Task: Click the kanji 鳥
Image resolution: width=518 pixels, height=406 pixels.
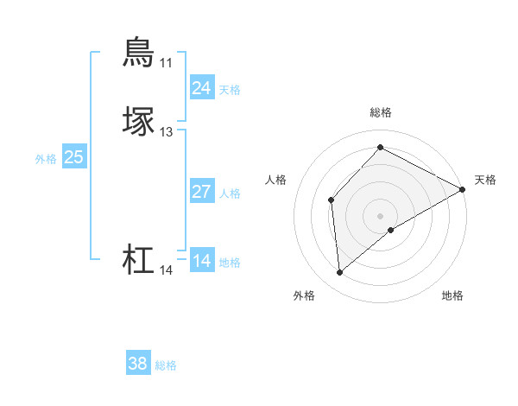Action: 139,52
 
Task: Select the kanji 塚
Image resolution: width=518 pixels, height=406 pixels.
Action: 139,122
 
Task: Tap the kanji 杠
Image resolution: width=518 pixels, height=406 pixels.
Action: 139,260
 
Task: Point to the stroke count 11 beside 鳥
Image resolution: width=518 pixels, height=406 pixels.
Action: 166,63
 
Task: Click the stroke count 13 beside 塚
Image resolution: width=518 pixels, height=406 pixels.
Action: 166,132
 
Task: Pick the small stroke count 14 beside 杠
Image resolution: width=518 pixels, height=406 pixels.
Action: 166,270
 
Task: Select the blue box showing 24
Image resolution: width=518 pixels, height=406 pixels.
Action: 201,88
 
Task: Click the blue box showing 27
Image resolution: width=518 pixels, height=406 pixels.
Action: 201,192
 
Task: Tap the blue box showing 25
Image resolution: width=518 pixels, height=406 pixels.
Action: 73,157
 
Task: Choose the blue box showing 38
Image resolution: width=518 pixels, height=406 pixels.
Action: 138,365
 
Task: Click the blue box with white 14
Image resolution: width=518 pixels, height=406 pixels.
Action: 201,261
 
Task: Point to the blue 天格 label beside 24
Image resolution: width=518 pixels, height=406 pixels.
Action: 230,90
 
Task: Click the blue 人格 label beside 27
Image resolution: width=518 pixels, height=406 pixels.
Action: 230,193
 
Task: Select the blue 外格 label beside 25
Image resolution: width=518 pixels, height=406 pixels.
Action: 45,159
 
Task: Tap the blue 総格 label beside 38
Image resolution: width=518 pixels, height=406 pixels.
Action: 166,366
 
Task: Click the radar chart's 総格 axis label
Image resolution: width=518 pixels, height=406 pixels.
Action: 380,112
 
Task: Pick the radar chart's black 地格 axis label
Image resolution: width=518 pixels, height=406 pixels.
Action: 452,295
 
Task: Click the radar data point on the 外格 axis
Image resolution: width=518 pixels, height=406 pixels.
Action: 340,273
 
